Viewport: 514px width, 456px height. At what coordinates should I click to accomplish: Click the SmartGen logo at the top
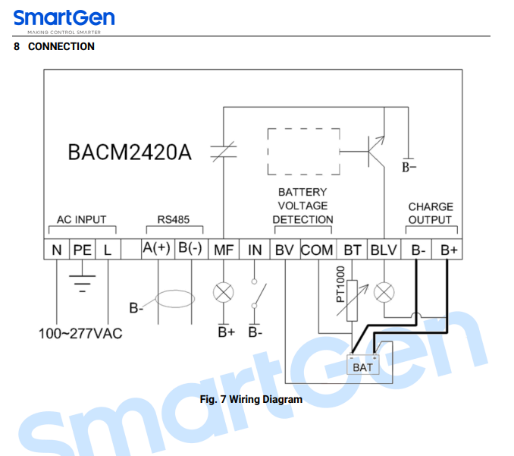(64, 21)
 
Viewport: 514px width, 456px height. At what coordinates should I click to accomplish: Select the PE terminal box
(83, 250)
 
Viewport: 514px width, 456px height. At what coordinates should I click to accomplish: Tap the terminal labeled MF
(224, 250)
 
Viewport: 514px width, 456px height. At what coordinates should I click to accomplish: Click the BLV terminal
(384, 250)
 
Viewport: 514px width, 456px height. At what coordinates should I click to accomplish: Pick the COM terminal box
(317, 250)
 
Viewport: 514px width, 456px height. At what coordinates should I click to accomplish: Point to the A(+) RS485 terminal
(158, 250)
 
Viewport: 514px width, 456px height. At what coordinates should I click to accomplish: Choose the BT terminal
(352, 250)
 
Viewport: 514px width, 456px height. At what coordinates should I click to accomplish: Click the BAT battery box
(363, 364)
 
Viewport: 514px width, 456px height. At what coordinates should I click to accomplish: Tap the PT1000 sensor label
(340, 284)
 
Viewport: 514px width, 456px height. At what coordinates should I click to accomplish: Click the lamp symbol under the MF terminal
(223, 292)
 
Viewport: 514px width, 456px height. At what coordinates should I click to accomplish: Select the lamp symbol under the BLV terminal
(384, 292)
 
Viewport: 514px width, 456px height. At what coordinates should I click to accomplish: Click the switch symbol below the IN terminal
(259, 295)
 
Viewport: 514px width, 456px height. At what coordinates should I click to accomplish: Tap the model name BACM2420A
(130, 153)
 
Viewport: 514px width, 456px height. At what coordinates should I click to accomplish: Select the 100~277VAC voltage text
(80, 334)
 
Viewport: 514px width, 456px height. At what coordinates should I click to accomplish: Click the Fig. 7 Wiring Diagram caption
(251, 399)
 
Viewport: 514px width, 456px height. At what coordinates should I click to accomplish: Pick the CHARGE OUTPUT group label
(431, 213)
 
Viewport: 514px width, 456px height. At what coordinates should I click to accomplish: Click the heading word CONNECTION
(61, 46)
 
